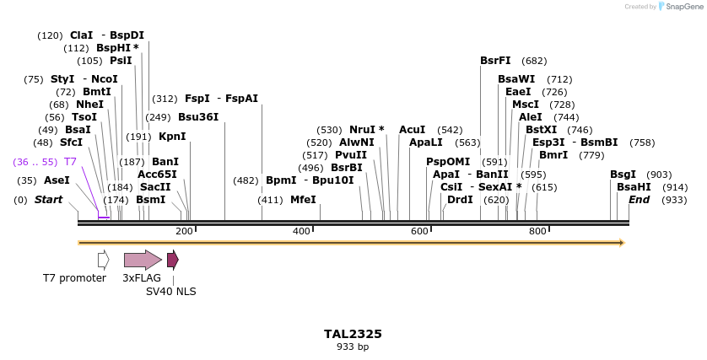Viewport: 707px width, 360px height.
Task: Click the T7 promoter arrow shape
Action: [x=103, y=260]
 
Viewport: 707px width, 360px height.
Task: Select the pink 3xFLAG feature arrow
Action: [x=142, y=260]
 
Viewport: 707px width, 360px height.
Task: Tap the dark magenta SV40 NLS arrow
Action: [x=172, y=260]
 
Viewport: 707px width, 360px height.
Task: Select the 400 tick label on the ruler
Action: [x=301, y=231]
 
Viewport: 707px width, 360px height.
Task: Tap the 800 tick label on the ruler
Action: [x=537, y=231]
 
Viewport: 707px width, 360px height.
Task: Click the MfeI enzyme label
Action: [x=303, y=200]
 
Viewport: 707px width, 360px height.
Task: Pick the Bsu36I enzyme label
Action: [x=198, y=117]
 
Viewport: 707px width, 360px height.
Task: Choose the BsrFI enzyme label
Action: [x=495, y=61]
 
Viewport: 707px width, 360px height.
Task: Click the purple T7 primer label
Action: [x=70, y=161]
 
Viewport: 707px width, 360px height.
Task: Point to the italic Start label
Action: [x=48, y=200]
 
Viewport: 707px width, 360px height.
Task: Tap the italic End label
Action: [x=639, y=200]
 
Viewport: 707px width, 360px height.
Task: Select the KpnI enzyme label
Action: [x=172, y=137]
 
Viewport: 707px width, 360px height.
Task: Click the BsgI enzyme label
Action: [x=623, y=174]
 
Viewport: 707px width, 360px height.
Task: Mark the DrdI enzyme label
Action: [x=460, y=200]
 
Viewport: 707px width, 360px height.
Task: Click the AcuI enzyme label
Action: [x=412, y=130]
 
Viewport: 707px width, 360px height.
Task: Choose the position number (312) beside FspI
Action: [x=165, y=99]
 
